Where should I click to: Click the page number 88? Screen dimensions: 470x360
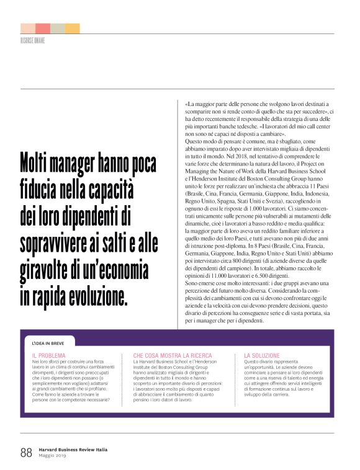[x=26, y=452]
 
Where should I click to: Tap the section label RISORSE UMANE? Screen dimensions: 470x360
[x=32, y=41]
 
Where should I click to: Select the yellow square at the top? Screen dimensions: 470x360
[x=72, y=29]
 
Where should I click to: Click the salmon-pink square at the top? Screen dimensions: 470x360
[x=43, y=29]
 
